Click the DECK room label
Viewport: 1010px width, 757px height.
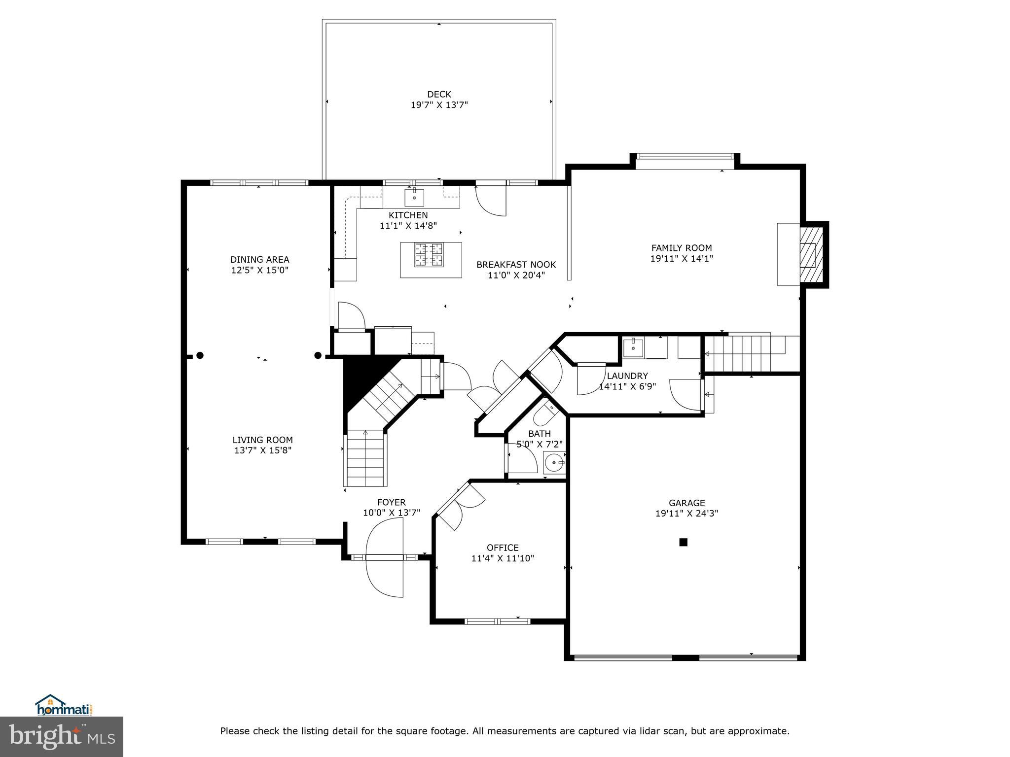[x=439, y=94]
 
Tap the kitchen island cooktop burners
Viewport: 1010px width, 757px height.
[x=428, y=255]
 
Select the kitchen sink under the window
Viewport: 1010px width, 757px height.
[x=414, y=197]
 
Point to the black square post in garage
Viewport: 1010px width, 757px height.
[x=683, y=542]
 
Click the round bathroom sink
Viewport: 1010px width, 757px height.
[x=554, y=463]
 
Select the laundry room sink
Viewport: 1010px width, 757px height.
[x=633, y=347]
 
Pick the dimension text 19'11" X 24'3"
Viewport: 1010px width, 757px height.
[x=686, y=514]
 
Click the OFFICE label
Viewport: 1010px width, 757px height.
[x=503, y=548]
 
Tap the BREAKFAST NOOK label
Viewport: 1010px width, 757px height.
[x=516, y=265]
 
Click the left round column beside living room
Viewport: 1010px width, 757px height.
[x=200, y=355]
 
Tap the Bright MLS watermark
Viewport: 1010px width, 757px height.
[x=62, y=736]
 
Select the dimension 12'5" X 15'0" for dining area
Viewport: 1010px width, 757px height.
[x=259, y=270]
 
